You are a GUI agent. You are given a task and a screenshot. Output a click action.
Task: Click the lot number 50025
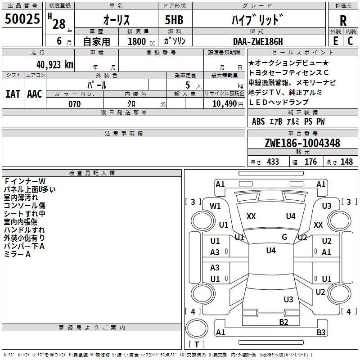tap(22, 19)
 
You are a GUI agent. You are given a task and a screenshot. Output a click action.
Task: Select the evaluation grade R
tap(343, 20)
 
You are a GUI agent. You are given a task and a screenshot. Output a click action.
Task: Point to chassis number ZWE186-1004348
tap(302, 144)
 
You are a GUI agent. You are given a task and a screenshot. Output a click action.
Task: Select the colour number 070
tap(75, 104)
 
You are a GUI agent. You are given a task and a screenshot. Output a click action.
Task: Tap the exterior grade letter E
tap(335, 40)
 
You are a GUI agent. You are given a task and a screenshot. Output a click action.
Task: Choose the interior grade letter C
tap(351, 40)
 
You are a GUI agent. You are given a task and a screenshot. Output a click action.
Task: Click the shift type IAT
tap(13, 94)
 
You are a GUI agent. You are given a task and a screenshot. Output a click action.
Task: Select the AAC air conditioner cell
tap(35, 94)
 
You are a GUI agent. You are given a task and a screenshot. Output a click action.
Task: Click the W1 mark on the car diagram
tap(216, 206)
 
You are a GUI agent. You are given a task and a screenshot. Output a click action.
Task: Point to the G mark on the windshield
tap(284, 237)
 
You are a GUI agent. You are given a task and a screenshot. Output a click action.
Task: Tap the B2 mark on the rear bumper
tap(283, 321)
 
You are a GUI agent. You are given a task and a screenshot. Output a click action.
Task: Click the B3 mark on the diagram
tap(321, 333)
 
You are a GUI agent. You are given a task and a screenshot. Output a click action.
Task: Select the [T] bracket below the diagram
tap(197, 345)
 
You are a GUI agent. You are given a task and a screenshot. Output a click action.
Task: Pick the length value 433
tap(273, 162)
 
